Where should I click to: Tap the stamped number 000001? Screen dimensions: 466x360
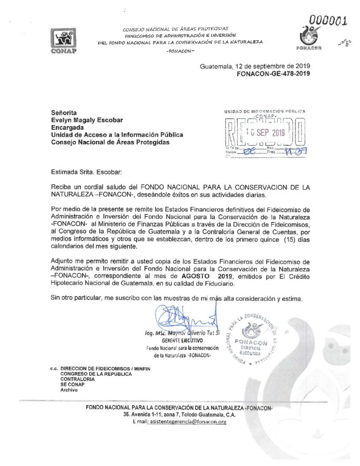pyautogui.click(x=328, y=20)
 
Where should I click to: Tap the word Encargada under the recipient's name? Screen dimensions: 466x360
pyautogui.click(x=67, y=128)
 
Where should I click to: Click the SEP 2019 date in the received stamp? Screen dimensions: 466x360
pyautogui.click(x=264, y=132)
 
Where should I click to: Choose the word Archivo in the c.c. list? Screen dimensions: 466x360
pyautogui.click(x=69, y=390)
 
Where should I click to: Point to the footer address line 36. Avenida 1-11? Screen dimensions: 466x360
pyautogui.click(x=179, y=415)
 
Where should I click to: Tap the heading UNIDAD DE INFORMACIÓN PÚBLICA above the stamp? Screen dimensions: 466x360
pyautogui.click(x=265, y=111)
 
